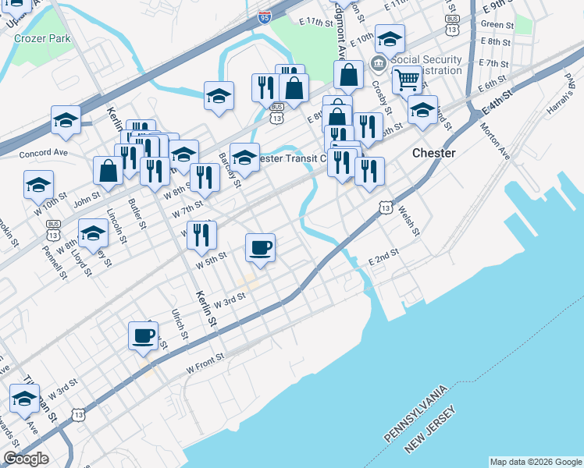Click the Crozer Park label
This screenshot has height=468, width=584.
click(x=48, y=37)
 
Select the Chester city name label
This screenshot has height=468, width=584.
click(x=433, y=153)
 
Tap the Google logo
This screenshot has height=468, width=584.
click(x=26, y=459)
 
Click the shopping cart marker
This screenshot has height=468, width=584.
click(x=407, y=79)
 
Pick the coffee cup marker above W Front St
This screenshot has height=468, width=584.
click(x=143, y=335)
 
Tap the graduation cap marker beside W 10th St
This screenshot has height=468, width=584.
click(x=38, y=185)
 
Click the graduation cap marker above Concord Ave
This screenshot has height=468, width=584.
click(x=66, y=120)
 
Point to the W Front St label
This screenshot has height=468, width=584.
click(x=205, y=360)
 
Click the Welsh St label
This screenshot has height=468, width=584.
click(x=408, y=221)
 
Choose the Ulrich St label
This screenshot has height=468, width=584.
click(x=180, y=324)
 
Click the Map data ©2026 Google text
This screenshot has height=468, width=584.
click(x=536, y=461)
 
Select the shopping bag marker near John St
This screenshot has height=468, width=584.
click(x=107, y=170)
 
